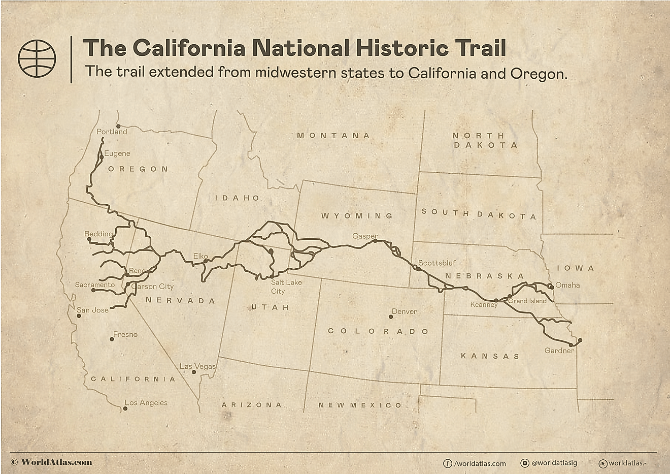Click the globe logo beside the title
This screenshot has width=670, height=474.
point(37,58)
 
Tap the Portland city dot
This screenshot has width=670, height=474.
point(118,126)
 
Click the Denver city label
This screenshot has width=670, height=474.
point(404,311)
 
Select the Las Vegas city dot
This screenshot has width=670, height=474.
point(194,372)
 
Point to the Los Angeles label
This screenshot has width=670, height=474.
point(146,403)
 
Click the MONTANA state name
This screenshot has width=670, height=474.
point(333,136)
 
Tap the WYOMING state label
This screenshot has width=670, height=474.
point(357,216)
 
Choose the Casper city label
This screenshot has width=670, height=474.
point(365,236)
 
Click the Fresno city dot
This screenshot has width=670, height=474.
point(112,339)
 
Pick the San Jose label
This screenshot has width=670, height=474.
point(92,310)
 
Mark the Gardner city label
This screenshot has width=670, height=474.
point(559,351)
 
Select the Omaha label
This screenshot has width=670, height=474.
point(567,285)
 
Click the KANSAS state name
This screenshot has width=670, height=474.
point(490,356)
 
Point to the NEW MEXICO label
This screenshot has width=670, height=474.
point(360,405)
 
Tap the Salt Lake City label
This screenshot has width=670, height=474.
point(286,287)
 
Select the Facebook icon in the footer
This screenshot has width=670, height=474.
point(448,463)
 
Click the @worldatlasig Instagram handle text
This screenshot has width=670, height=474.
point(554,463)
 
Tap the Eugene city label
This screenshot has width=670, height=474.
point(117,153)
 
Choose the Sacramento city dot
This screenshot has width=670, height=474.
point(93,290)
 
